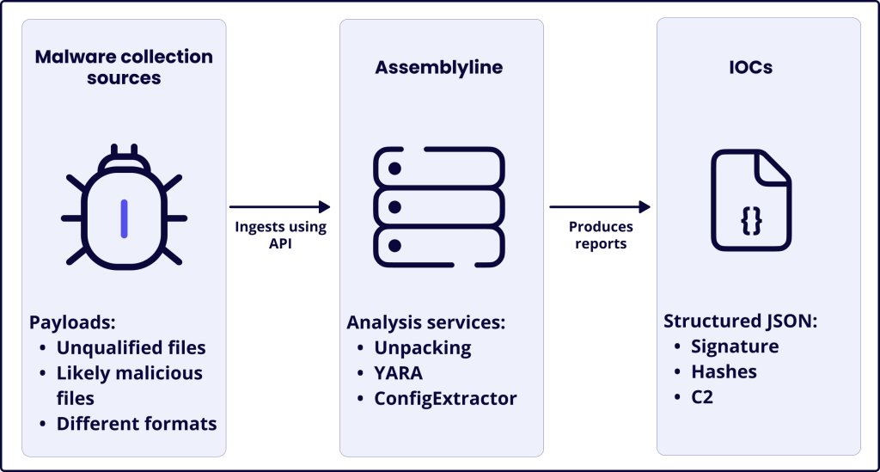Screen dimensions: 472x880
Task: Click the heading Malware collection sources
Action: point(123,67)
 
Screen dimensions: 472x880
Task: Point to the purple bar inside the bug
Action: point(124,218)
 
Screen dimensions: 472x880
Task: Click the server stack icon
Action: point(438,207)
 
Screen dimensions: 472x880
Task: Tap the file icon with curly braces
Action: point(750,200)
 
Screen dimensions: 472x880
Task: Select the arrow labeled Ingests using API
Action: point(280,206)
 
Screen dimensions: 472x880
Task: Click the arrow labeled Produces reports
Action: point(600,206)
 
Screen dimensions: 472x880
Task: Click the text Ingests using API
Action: point(281,235)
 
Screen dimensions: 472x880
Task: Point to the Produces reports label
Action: point(601,235)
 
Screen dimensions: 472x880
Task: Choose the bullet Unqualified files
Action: point(131,348)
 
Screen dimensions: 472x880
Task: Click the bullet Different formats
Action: point(136,424)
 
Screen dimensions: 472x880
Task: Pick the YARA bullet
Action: point(398,373)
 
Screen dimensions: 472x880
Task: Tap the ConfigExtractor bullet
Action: point(444,398)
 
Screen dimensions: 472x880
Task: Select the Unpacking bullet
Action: point(422,348)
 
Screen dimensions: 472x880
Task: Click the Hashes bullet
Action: point(724,371)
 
